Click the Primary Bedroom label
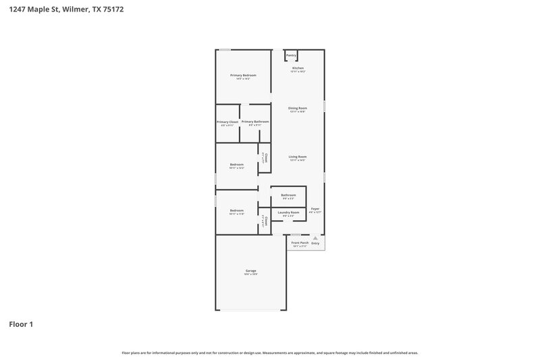click(x=243, y=75)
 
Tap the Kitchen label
click(x=298, y=68)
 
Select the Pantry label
click(x=292, y=55)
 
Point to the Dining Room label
click(x=298, y=108)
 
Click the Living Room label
click(x=298, y=157)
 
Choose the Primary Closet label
click(x=227, y=122)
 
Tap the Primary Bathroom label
click(x=255, y=122)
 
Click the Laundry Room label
click(x=289, y=212)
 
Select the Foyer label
click(x=315, y=209)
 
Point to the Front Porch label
click(x=300, y=242)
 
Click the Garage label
click(x=250, y=271)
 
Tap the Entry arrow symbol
click(x=315, y=238)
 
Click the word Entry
click(x=315, y=243)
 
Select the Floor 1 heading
click(x=21, y=324)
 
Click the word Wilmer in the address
click(x=74, y=10)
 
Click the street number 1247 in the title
click(x=18, y=10)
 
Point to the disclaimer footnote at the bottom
click(x=270, y=353)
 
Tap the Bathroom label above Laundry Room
click(x=289, y=195)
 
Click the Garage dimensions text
click(x=250, y=275)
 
